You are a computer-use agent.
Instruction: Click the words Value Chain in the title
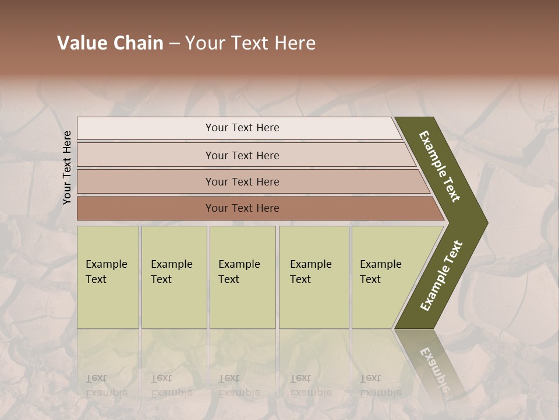110,43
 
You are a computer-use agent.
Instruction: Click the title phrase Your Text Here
250,43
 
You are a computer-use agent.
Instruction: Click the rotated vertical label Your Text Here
68,167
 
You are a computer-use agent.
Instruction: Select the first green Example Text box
108,277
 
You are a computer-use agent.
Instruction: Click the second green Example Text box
174,277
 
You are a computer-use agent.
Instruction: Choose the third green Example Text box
242,277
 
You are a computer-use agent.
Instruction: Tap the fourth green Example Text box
314,277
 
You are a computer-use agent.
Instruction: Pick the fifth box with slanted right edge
384,277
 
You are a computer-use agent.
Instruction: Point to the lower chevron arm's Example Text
441,275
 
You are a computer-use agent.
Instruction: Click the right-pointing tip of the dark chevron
483,222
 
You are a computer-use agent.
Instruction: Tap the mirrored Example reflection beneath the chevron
434,368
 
